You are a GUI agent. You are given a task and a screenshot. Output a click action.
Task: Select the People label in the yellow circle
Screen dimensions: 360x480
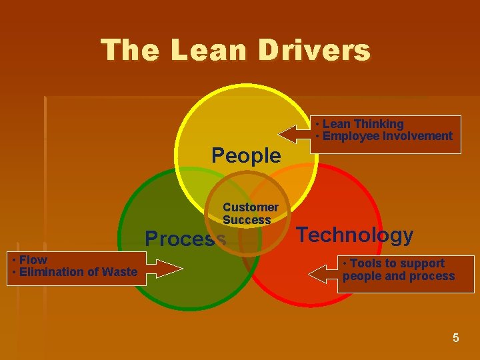coord(246,155)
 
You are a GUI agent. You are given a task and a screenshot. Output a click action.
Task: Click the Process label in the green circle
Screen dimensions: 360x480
coord(185,238)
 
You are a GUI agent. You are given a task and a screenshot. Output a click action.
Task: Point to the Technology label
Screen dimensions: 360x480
coord(355,235)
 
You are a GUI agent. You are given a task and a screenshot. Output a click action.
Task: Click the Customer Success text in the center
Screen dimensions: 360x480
coord(250,213)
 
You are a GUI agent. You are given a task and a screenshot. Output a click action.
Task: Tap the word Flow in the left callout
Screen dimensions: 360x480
coord(33,259)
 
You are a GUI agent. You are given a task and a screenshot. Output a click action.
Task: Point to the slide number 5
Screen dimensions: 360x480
coord(456,338)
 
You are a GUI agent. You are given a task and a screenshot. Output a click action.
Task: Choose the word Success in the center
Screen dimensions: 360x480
coord(247,220)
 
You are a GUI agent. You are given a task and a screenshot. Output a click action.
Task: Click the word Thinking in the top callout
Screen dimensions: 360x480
coord(379,124)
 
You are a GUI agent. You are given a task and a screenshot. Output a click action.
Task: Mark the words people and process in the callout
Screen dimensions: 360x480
coord(399,276)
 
